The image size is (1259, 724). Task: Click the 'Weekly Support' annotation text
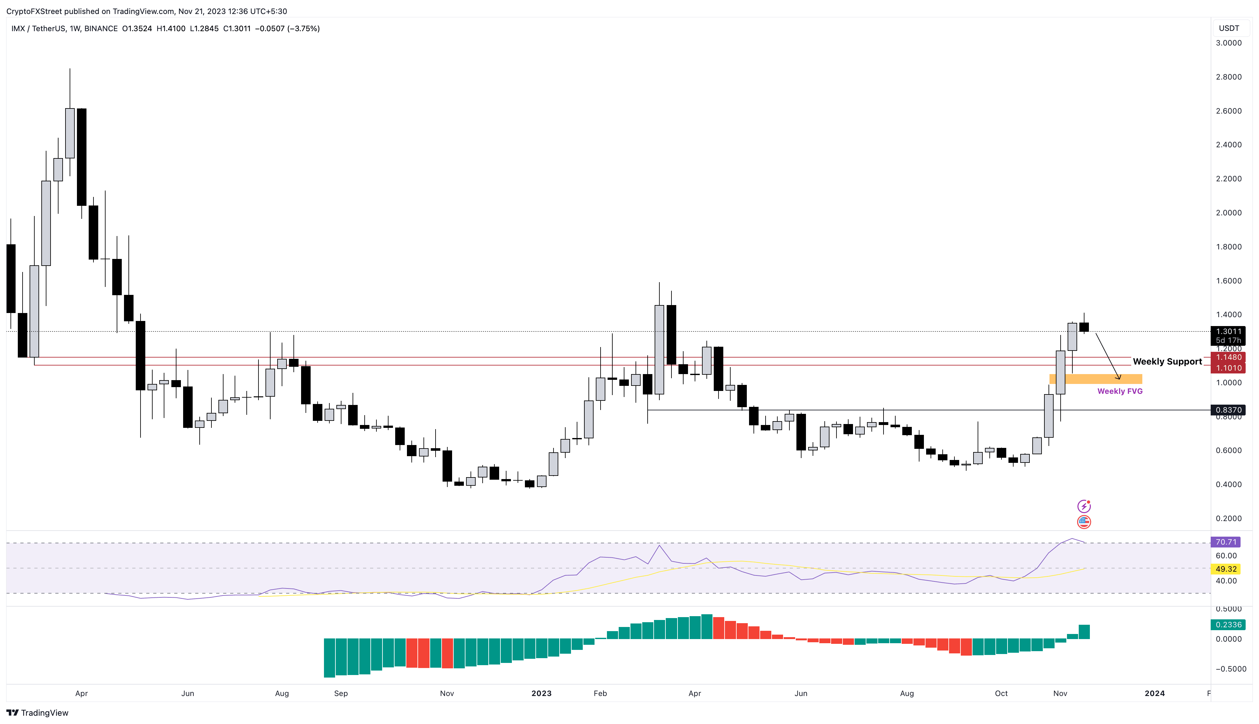[x=1167, y=361]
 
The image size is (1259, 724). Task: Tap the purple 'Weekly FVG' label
[x=1120, y=391]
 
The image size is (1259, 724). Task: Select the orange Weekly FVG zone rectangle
[x=1096, y=379]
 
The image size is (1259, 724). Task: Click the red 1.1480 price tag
[x=1228, y=357]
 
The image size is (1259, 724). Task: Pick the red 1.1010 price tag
[x=1228, y=368]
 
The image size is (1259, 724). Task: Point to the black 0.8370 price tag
[x=1228, y=410]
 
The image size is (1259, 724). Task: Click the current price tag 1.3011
[x=1228, y=331]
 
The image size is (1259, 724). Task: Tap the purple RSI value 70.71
[x=1226, y=542]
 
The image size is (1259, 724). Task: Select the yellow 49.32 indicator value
[x=1226, y=569]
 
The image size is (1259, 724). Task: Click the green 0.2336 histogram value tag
[x=1228, y=624]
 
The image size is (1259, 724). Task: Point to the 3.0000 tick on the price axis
[x=1228, y=43]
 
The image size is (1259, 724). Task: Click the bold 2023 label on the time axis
[x=541, y=693]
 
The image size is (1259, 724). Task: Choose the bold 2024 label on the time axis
[x=1154, y=693]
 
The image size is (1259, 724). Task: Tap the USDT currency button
[x=1229, y=28]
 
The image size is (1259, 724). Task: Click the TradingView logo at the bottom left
[x=37, y=713]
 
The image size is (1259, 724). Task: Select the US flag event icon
[x=1084, y=522]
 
